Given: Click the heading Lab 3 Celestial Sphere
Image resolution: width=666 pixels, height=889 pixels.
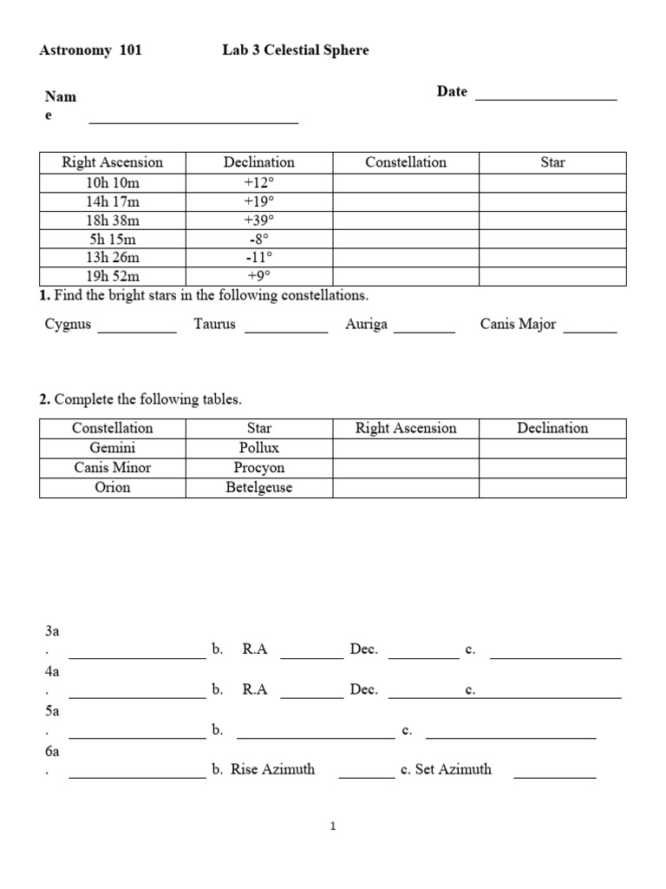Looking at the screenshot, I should coord(295,50).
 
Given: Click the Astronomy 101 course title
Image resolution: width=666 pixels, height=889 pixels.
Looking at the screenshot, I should coord(91,50).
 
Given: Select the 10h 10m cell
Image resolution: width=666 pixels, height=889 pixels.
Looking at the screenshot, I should coord(113,182).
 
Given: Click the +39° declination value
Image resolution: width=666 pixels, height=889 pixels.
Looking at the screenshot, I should coord(258,221).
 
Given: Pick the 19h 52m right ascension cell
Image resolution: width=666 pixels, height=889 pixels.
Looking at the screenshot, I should coord(113,276).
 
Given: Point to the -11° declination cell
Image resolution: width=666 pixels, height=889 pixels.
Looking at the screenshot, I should coord(258,258).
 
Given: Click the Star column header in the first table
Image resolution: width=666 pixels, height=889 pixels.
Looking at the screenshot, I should coord(552,162).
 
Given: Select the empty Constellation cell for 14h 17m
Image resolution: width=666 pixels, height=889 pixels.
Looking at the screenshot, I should coord(406,201).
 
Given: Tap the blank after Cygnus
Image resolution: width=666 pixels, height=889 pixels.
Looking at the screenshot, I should coord(137,330).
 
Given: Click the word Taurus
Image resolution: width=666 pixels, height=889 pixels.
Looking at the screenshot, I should coord(214,325).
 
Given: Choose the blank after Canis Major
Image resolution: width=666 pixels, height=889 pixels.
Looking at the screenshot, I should coord(591,330).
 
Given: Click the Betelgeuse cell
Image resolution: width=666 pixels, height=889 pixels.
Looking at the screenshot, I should coord(258,488).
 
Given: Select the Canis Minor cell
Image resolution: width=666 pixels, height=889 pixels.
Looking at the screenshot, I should coord(113,468).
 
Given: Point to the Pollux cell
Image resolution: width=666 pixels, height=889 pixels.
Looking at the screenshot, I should coord(258,448).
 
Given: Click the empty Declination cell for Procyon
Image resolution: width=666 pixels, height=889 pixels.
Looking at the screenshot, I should coord(552,468).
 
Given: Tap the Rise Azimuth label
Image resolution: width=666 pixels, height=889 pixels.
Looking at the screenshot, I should coord(272,769).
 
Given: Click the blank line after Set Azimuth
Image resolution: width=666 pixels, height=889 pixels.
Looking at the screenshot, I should coord(555,774).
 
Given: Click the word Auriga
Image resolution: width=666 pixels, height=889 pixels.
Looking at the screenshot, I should coord(366,325).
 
